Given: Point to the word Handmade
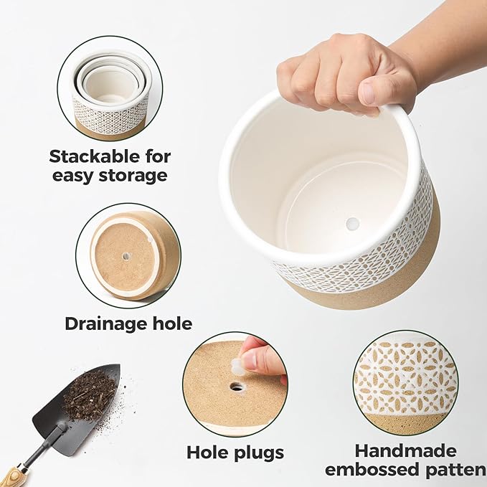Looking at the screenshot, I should pyautogui.click(x=405, y=451).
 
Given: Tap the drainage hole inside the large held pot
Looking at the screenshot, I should pyautogui.click(x=352, y=224).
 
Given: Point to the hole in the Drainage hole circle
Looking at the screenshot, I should pyautogui.click(x=126, y=255).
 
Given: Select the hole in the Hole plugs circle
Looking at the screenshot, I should pyautogui.click(x=237, y=387).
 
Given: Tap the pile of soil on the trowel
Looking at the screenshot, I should pyautogui.click(x=89, y=395).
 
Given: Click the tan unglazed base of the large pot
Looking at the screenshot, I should pyautogui.click(x=373, y=287).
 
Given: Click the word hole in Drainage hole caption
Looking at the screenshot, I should pyautogui.click(x=169, y=323).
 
